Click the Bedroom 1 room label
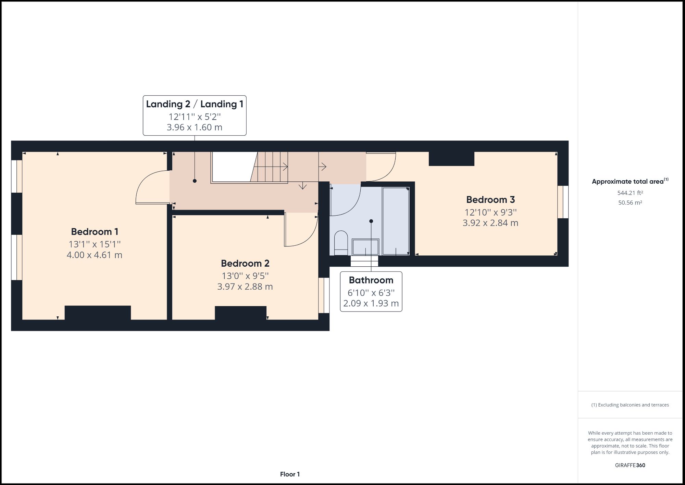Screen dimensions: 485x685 [x=95, y=232]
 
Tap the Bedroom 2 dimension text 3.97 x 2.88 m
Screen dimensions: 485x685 [x=245, y=287]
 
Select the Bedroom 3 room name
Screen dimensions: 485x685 [x=490, y=199]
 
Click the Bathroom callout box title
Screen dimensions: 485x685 [x=371, y=280]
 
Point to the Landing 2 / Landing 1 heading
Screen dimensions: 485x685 [x=195, y=104]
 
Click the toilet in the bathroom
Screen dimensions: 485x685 [x=340, y=242]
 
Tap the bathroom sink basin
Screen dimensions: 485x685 [x=365, y=247]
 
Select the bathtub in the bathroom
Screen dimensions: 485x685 [x=396, y=221]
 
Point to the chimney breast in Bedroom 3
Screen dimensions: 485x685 [x=451, y=159]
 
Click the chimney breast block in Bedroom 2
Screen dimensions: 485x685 [x=240, y=313]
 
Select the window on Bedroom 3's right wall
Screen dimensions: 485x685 [x=563, y=202]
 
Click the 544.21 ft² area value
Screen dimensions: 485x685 [x=630, y=193]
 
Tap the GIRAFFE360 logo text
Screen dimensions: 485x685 [x=630, y=465]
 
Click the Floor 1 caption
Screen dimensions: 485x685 [x=290, y=474]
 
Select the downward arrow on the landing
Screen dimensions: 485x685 [x=302, y=186]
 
